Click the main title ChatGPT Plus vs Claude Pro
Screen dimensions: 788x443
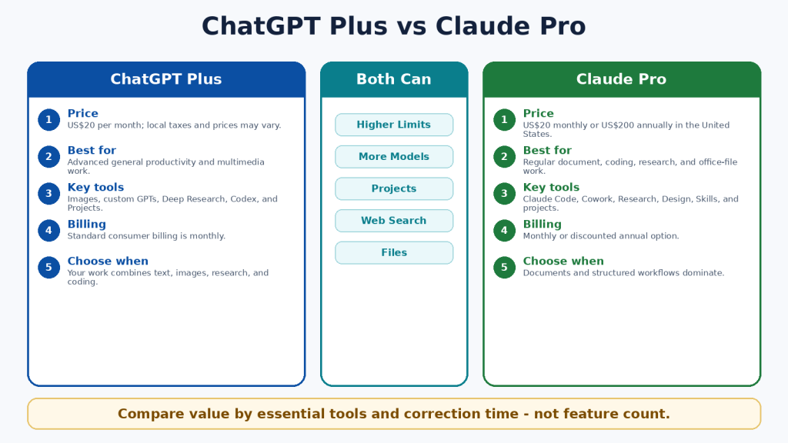click(x=393, y=26)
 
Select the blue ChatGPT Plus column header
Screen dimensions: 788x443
click(x=166, y=79)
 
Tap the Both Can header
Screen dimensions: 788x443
click(x=394, y=79)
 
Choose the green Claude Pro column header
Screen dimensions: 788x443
click(x=622, y=79)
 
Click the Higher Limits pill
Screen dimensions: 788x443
click(x=394, y=125)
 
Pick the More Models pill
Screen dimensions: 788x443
click(x=394, y=157)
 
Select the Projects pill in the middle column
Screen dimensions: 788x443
click(x=394, y=189)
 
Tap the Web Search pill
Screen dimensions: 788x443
click(x=394, y=221)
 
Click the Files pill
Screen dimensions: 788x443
click(x=394, y=252)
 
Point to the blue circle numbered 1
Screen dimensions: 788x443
click(x=48, y=120)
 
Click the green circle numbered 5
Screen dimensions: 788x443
click(x=505, y=267)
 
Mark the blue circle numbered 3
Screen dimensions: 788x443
click(x=48, y=194)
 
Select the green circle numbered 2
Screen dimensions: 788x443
click(x=505, y=157)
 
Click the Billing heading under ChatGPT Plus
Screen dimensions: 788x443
click(x=87, y=224)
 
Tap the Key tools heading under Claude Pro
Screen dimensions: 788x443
click(x=551, y=188)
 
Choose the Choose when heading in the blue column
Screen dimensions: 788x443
click(x=108, y=261)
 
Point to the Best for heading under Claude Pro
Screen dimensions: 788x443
click(x=547, y=150)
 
